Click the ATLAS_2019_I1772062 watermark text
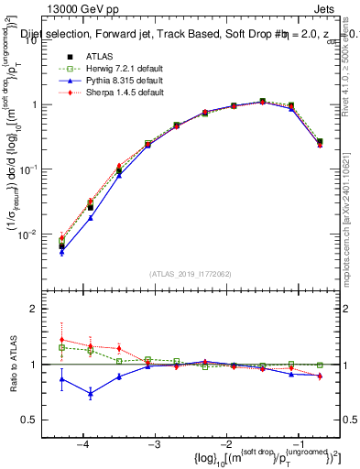pos(191,274)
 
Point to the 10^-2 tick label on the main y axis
pos(37,234)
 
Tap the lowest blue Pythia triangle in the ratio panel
pos(91,394)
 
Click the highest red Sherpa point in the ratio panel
pos(61,340)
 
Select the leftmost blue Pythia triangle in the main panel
pos(61,252)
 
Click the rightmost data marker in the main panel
pos(319,142)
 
